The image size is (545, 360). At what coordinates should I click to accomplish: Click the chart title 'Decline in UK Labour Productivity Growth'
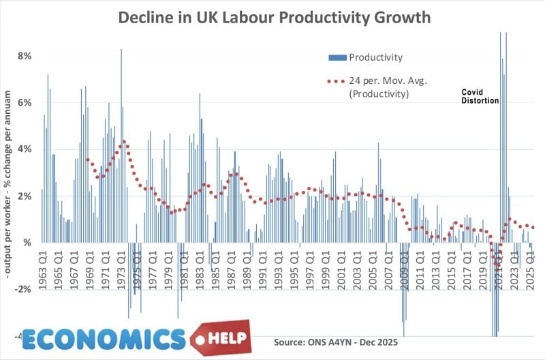click(275, 18)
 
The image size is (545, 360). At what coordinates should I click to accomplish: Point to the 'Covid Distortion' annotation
click(480, 95)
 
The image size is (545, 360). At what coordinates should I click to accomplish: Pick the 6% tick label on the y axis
click(25, 102)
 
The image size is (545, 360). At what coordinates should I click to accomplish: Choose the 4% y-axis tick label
click(25, 149)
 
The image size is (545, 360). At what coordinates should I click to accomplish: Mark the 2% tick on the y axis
click(25, 196)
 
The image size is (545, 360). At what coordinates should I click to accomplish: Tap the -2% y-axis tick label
click(22, 290)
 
